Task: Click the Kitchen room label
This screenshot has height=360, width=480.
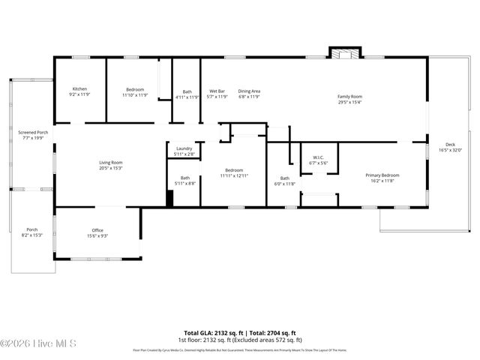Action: (x=79, y=88)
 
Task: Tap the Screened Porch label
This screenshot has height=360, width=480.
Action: (x=32, y=132)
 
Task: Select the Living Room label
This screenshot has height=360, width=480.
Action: (x=111, y=162)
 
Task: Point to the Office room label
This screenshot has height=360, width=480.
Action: (x=97, y=230)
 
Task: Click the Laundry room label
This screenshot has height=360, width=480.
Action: (x=184, y=148)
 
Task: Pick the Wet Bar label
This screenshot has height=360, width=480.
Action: (x=217, y=91)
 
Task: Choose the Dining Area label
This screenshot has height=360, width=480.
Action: (x=249, y=91)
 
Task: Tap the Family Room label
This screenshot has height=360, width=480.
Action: (x=349, y=96)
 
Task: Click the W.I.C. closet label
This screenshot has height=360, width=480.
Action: (x=319, y=157)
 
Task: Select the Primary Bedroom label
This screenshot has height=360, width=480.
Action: (x=382, y=175)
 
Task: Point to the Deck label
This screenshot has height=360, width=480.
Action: (x=450, y=145)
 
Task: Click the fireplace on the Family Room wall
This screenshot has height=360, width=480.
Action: (x=346, y=53)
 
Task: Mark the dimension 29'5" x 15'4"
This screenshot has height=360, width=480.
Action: (x=349, y=102)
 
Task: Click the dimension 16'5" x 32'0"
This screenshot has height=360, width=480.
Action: (x=450, y=151)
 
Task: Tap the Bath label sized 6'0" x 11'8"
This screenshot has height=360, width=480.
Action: (x=285, y=178)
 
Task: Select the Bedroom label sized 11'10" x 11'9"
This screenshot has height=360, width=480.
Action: (x=135, y=88)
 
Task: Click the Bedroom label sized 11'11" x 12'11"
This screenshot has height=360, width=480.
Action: (x=233, y=170)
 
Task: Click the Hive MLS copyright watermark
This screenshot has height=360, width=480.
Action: (x=39, y=344)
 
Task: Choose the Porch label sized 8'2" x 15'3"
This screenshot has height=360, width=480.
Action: (x=32, y=229)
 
